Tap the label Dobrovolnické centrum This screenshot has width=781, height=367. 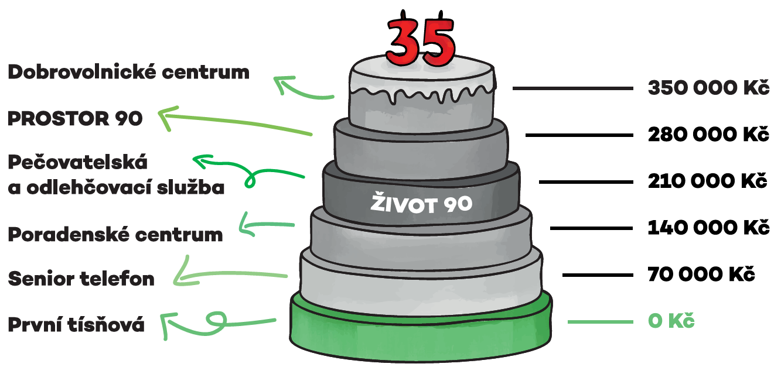(128, 73)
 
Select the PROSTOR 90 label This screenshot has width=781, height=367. (75, 119)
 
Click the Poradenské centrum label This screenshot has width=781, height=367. (115, 235)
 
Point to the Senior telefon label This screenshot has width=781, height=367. (81, 279)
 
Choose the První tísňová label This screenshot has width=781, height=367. (76, 324)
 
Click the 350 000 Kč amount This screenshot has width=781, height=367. (708, 88)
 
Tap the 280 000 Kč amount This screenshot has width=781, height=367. (708, 135)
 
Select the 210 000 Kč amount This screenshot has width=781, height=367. (708, 181)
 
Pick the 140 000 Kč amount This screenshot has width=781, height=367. (708, 228)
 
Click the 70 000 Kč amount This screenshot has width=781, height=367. (701, 274)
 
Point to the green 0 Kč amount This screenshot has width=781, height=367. (671, 321)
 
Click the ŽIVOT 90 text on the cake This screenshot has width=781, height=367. (421, 204)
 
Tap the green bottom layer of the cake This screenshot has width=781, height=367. (421, 337)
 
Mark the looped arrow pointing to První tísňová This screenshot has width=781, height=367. (217, 321)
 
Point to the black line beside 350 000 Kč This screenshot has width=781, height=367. (572, 88)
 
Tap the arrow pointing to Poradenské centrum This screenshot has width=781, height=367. (267, 225)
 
